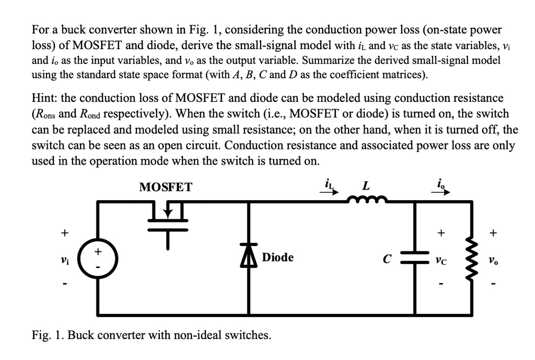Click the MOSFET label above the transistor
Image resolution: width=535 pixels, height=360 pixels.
pyautogui.click(x=166, y=187)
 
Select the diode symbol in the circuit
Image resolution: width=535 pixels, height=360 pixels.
pyautogui.click(x=248, y=259)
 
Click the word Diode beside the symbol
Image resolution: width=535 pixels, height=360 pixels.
pyautogui.click(x=277, y=258)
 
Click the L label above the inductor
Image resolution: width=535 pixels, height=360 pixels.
pyautogui.click(x=367, y=185)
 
